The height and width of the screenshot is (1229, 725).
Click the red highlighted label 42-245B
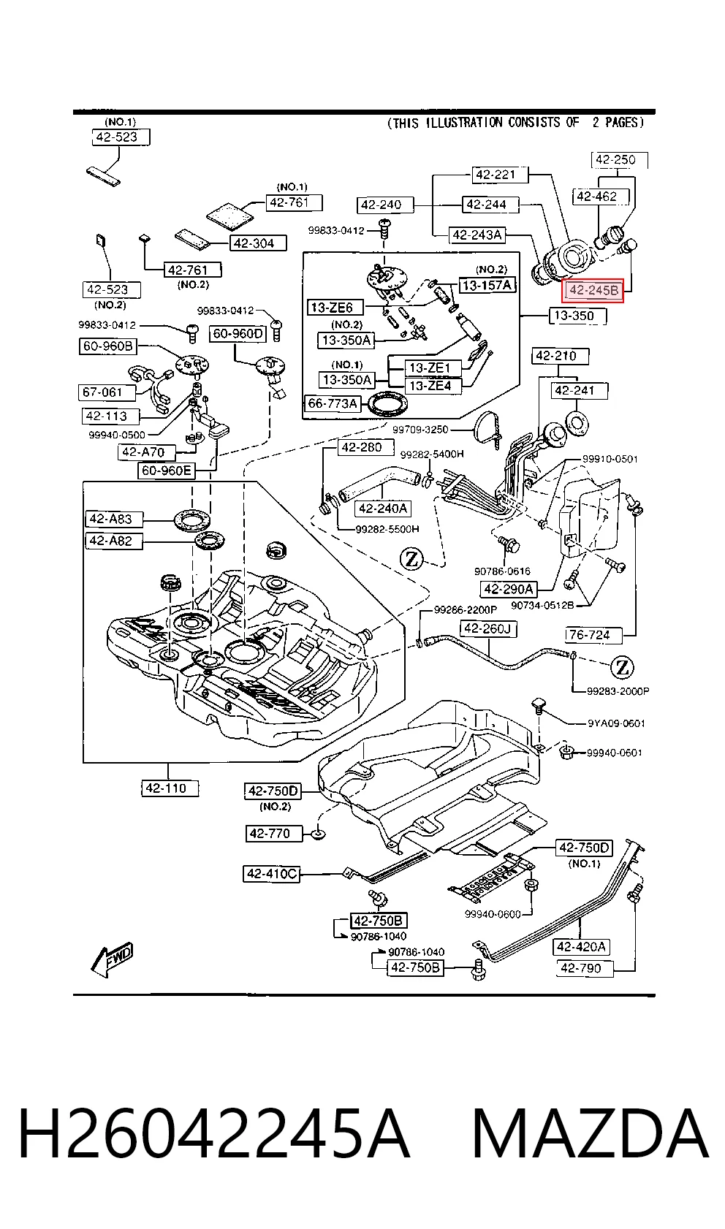[593, 290]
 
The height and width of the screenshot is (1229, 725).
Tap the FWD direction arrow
[112, 959]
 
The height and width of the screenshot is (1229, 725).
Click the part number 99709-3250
[420, 430]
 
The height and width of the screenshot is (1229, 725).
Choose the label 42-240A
[382, 509]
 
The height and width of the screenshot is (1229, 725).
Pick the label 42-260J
[488, 629]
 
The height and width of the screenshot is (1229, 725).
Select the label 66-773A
[333, 404]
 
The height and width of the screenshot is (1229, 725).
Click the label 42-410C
[272, 873]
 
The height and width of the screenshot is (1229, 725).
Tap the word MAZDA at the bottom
[590, 1133]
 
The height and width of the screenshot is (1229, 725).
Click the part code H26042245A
[214, 1133]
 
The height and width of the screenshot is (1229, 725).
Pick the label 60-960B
[107, 346]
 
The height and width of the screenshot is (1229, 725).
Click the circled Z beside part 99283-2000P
[622, 668]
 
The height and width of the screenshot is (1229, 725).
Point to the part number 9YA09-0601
[616, 723]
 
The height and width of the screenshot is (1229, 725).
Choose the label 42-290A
[509, 589]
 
